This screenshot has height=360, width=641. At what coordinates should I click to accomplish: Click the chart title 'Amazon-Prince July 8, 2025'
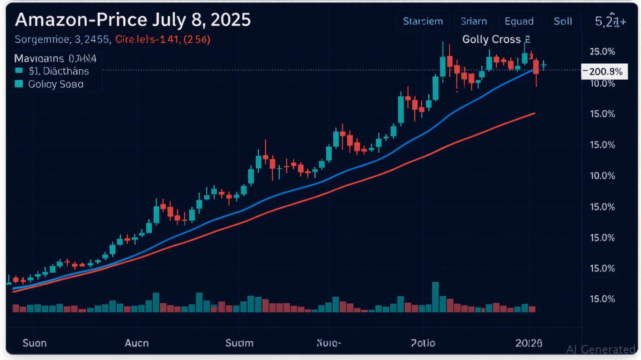point(133,20)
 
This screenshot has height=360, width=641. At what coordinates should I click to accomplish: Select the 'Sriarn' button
point(474,22)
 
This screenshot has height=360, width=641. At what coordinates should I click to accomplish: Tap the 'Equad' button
point(519,22)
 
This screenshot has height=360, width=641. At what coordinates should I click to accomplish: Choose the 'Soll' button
point(563,22)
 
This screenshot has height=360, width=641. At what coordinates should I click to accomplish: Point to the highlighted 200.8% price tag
point(604,72)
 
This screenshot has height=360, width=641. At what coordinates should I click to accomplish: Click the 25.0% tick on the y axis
point(602,51)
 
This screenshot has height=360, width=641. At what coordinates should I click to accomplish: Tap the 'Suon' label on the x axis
point(35,343)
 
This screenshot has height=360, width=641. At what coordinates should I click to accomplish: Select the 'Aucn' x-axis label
point(137,343)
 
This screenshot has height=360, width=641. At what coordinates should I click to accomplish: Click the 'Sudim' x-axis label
point(239,343)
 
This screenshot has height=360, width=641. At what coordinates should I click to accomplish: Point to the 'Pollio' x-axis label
point(423,343)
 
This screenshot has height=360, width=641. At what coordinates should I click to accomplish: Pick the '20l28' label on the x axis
point(529,343)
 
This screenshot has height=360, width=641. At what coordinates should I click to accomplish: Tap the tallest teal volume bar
point(435,297)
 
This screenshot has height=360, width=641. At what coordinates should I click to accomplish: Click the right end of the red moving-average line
point(535,113)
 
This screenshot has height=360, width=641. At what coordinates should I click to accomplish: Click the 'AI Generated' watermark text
point(601,349)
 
